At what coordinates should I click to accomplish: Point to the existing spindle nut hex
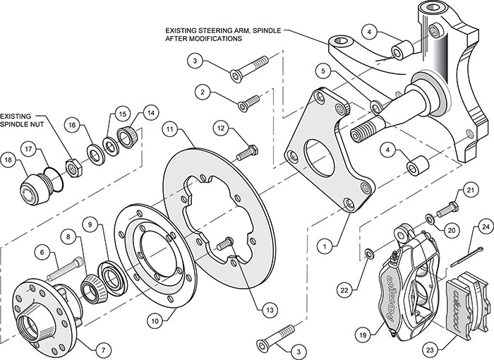(72, 165)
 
